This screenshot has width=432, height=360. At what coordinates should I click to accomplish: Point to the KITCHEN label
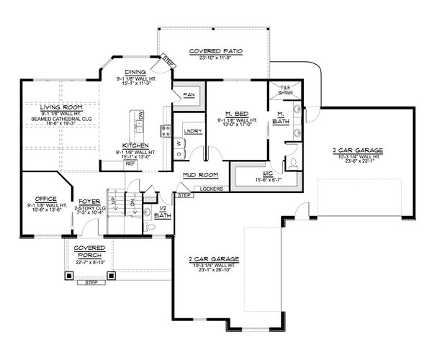135,144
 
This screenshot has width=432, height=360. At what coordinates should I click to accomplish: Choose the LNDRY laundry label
192,131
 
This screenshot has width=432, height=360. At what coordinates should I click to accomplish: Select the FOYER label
86,202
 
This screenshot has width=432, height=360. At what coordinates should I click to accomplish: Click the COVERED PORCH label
86,252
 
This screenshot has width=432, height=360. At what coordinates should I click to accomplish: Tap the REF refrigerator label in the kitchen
130,163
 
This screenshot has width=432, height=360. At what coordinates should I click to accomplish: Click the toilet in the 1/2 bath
151,225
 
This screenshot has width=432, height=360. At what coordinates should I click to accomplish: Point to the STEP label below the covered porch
91,283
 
